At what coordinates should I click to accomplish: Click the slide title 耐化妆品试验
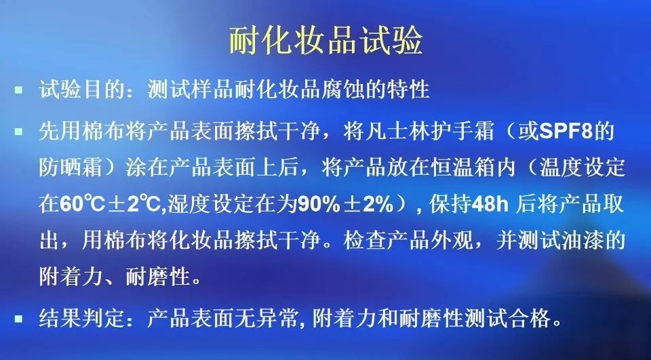[326, 40]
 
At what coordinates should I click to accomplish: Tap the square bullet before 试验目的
[18, 89]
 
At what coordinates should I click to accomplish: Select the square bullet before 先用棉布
[18, 132]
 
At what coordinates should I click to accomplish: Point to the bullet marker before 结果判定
[18, 319]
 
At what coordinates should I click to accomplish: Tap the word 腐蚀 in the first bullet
[342, 89]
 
